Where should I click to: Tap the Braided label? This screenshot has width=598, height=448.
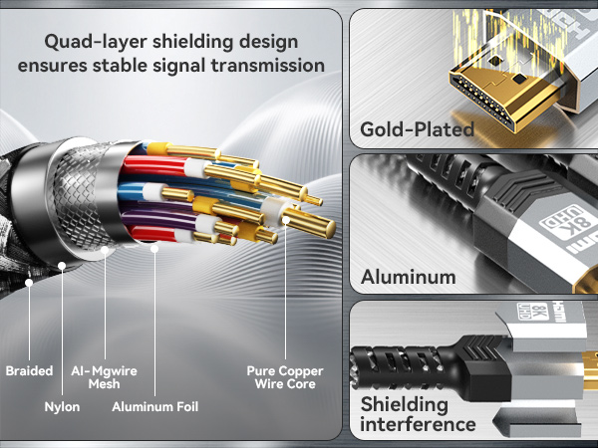click(29, 371)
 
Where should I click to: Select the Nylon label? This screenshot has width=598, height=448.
click(62, 406)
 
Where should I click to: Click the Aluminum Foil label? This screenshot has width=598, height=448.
click(154, 406)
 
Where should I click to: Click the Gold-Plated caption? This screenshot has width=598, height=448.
click(418, 129)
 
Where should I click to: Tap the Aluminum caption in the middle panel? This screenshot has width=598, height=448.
click(409, 277)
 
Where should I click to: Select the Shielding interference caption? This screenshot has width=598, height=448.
click(417, 415)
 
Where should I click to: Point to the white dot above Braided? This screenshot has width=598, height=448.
click(29, 283)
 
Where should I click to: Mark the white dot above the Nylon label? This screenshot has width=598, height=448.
click(62, 266)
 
